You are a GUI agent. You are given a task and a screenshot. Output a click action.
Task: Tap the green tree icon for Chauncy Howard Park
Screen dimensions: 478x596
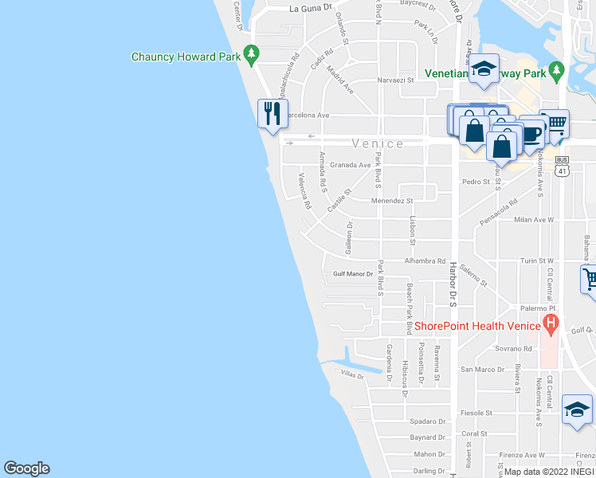[252, 55]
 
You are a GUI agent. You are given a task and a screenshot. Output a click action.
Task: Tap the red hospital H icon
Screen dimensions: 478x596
[550, 324]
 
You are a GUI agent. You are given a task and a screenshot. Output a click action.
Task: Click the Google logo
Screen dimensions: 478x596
[26, 468]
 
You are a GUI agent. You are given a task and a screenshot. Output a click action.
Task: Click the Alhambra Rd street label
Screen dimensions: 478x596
[425, 261]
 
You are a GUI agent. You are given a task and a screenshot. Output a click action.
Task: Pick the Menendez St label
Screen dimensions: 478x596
[393, 201]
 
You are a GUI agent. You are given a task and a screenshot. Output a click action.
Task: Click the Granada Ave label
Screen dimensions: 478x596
[351, 165]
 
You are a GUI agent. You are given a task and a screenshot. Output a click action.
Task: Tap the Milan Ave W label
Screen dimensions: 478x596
[534, 219]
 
